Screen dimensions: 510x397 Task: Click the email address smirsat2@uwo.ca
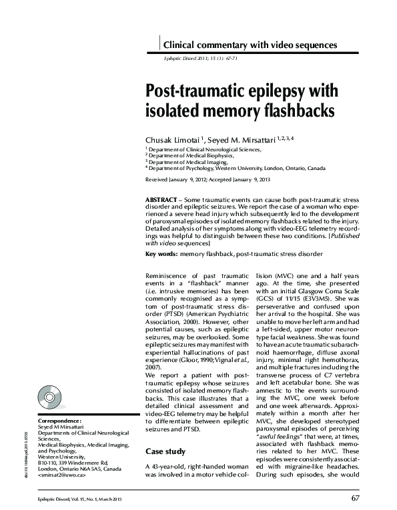(63, 475)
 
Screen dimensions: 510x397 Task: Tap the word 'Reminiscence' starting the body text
(168, 275)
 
